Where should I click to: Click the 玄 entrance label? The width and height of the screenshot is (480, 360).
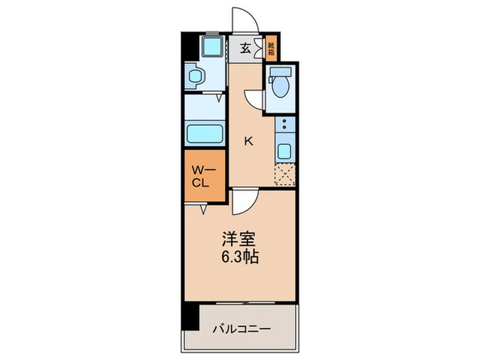(245, 48)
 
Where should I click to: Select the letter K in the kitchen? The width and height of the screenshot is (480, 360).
(249, 142)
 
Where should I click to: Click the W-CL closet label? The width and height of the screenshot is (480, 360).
(204, 177)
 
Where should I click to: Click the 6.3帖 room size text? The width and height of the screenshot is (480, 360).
(239, 259)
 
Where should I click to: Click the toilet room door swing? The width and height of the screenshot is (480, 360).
(255, 99)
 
